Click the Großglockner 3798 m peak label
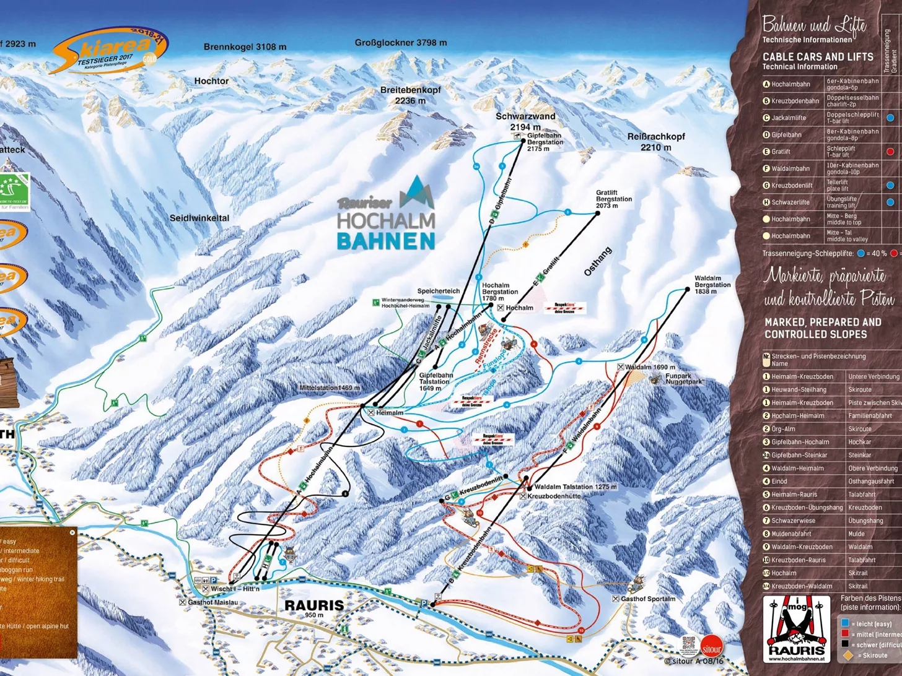tap(400, 43)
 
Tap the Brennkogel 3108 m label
tap(245, 47)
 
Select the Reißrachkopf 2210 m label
tap(656, 142)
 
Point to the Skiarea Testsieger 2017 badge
tap(109, 51)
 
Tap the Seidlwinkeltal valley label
tap(199, 218)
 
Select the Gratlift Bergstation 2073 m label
tap(614, 199)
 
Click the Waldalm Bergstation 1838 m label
tap(712, 285)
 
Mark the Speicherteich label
tap(438, 291)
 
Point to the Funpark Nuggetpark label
tap(684, 379)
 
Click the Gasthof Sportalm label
tap(647, 599)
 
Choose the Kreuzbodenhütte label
tap(553, 496)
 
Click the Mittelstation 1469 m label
tap(329, 388)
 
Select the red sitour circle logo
tap(711, 649)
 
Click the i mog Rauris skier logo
tap(796, 630)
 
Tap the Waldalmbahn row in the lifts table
tap(824, 168)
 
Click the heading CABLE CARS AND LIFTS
tap(817, 56)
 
